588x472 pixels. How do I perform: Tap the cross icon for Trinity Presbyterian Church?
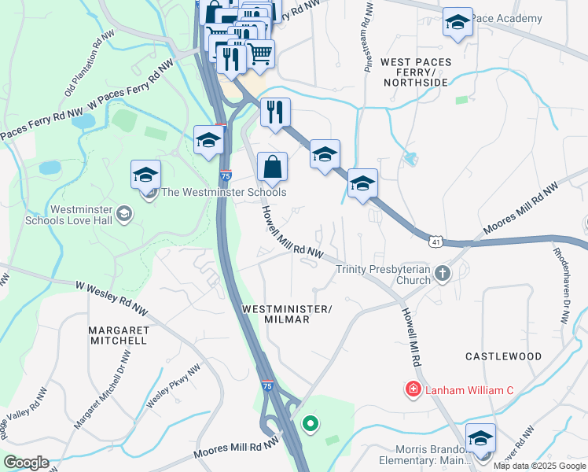(443, 274)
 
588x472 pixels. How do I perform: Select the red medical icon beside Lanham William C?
(412, 389)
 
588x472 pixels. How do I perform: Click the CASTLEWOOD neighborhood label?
(503, 356)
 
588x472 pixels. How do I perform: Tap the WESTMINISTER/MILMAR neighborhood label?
(287, 313)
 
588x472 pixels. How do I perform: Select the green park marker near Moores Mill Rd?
(311, 425)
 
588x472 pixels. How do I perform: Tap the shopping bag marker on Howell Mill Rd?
(272, 168)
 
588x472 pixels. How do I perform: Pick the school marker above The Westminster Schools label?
(145, 175)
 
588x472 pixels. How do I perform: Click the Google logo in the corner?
(26, 463)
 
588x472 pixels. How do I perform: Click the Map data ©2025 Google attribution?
(540, 466)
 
